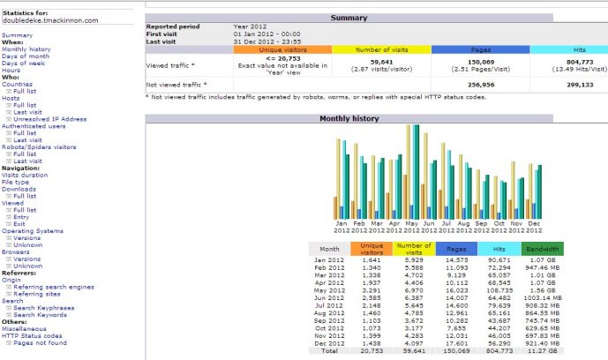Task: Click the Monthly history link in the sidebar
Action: click(26, 49)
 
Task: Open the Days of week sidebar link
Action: click(22, 64)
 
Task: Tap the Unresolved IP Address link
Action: click(49, 118)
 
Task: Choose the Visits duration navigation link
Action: click(25, 175)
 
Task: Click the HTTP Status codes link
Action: click(32, 335)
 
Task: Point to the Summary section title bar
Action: click(349, 18)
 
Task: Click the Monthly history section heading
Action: click(349, 117)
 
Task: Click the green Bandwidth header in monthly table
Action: click(542, 249)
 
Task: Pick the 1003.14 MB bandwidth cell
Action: click(542, 299)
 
